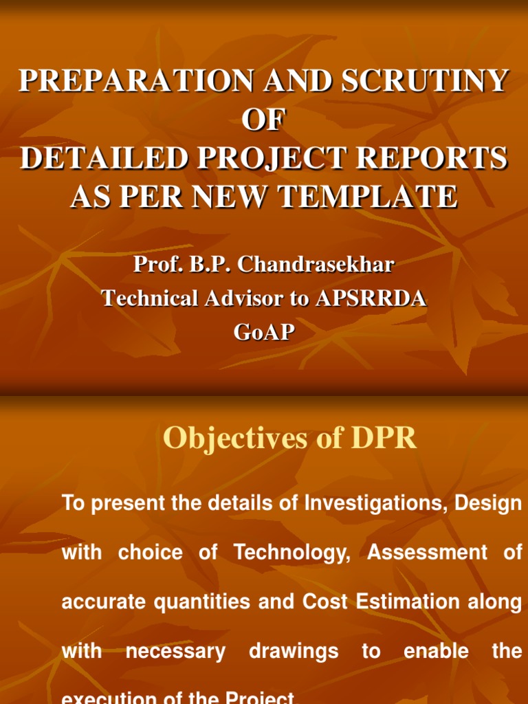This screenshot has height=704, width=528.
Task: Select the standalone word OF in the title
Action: pos(263,120)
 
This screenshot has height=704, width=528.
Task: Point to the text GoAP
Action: pos(264,333)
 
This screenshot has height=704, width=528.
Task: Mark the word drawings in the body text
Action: pos(294,652)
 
